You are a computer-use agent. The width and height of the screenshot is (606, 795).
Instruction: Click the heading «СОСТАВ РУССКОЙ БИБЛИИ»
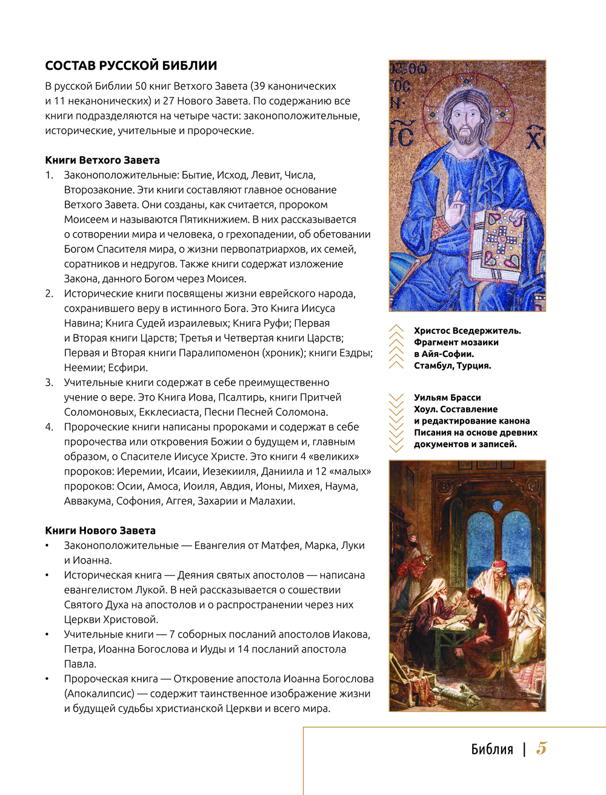131,65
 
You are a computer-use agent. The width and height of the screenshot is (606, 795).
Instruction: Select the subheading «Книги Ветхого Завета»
102,160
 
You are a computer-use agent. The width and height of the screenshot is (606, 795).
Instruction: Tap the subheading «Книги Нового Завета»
100,530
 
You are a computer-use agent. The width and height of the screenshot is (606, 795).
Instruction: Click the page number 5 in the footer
541,748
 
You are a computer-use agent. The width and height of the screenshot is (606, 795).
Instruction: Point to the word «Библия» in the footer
492,750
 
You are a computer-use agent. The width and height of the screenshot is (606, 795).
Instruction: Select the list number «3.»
49,382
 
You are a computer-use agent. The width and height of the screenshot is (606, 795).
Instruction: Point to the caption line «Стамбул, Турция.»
453,365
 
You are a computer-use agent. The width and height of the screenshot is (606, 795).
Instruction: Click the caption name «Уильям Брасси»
447,397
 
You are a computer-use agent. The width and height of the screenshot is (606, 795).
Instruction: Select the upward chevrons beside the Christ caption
396,347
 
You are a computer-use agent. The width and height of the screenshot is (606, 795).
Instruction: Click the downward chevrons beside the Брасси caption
396,422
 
